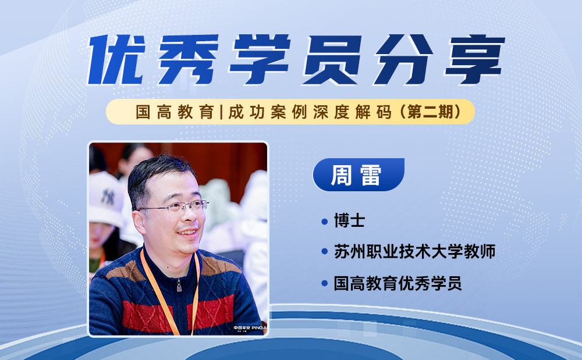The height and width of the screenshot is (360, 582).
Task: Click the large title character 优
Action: pyautogui.click(x=116, y=59)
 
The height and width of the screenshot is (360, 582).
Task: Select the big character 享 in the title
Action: pyautogui.click(x=475, y=59)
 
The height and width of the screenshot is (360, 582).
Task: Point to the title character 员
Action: pyautogui.click(x=332, y=59)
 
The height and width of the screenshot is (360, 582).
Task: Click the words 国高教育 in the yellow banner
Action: pyautogui.click(x=175, y=112)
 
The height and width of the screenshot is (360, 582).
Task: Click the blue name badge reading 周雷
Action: pyautogui.click(x=359, y=174)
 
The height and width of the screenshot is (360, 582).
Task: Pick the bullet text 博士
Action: pyautogui.click(x=349, y=220)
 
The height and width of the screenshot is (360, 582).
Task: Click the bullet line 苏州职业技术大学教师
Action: pyautogui.click(x=414, y=252)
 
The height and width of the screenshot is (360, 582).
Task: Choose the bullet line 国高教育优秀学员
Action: pyautogui.click(x=398, y=283)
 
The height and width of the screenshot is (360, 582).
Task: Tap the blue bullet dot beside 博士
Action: pyautogui.click(x=324, y=222)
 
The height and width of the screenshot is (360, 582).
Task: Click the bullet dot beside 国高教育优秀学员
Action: pyautogui.click(x=324, y=284)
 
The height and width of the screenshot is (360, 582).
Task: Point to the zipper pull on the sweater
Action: pyautogui.click(x=179, y=286)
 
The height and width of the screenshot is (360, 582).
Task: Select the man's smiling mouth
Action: pyautogui.click(x=187, y=233)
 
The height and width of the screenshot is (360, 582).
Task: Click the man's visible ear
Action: pyautogui.click(x=139, y=222)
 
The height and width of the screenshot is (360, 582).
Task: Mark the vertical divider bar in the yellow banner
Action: pyautogui.click(x=221, y=112)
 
